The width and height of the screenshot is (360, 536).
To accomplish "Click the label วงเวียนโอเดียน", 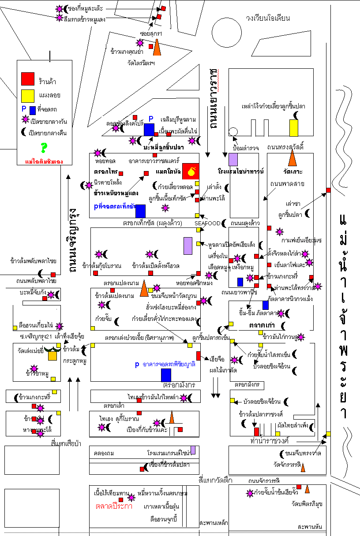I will (x=268, y=19).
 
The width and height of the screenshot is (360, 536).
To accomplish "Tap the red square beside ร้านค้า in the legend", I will (x=28, y=79).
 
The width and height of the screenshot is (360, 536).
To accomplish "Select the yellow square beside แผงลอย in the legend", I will (x=28, y=95).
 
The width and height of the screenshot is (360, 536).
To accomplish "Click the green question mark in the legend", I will (x=43, y=148).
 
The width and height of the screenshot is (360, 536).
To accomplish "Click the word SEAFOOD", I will (x=207, y=223).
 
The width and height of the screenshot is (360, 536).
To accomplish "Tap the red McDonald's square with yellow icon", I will (x=191, y=171).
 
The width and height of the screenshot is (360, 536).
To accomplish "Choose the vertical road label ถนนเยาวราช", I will (x=215, y=100).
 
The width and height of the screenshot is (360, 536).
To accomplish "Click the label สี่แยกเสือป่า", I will (x=67, y=444).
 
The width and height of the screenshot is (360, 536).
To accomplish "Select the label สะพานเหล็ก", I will (x=214, y=523).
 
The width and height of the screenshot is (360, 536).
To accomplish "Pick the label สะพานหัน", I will (x=310, y=527).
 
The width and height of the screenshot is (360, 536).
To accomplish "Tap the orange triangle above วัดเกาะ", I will (x=292, y=158).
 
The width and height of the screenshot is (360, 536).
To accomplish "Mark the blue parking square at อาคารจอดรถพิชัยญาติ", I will (x=166, y=375).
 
